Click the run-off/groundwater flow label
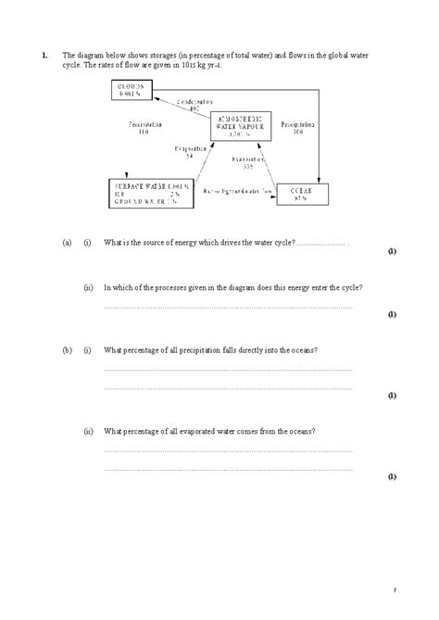(239, 191)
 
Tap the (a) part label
(68, 243)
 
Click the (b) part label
(68, 350)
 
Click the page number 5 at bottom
(393, 589)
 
